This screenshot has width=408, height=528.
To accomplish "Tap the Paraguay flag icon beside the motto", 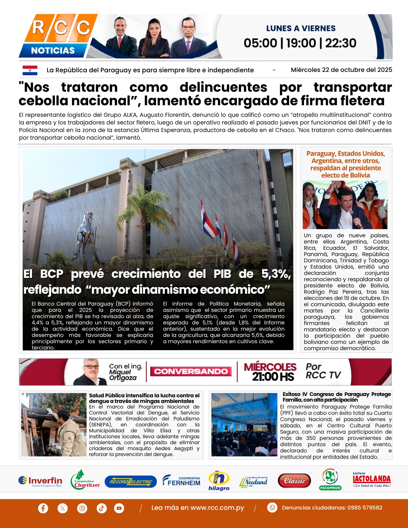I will pyautogui.click(x=30, y=70).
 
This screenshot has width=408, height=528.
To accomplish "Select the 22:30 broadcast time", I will pyautogui.click(x=341, y=43).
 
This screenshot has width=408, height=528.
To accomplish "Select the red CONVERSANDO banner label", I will pyautogui.click(x=191, y=372).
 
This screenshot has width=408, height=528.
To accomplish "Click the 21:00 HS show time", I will pyautogui.click(x=273, y=377).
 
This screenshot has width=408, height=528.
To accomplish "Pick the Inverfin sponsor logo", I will pyautogui.click(x=40, y=481).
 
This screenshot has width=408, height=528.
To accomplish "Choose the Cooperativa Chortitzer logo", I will pyautogui.click(x=85, y=480).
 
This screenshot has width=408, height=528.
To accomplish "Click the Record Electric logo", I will pyautogui.click(x=131, y=482).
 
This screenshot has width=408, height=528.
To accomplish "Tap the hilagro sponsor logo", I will pyautogui.click(x=219, y=481).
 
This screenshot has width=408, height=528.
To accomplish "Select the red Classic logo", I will pyautogui.click(x=294, y=481).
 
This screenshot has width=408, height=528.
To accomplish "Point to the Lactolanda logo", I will pyautogui.click(x=372, y=479).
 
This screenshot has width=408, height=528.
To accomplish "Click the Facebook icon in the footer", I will pyautogui.click(x=43, y=508).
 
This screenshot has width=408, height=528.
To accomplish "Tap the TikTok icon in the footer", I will pyautogui.click(x=101, y=508).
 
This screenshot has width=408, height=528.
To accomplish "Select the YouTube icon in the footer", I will pyautogui.click(x=119, y=508).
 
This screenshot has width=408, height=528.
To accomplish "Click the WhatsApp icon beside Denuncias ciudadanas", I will pyautogui.click(x=272, y=508).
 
